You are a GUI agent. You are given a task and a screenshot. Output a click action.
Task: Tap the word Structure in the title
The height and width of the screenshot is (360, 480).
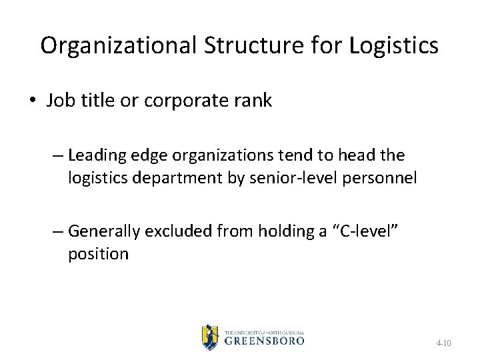[x=241, y=45]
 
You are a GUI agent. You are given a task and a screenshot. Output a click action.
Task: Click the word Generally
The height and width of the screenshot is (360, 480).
[x=103, y=231]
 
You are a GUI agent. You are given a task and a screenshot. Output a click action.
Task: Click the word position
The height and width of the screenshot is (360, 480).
[x=98, y=254]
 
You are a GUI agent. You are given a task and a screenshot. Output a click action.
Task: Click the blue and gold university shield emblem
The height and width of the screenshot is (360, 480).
[x=210, y=337]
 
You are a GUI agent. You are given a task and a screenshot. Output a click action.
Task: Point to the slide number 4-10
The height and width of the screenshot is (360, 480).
[x=443, y=343]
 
